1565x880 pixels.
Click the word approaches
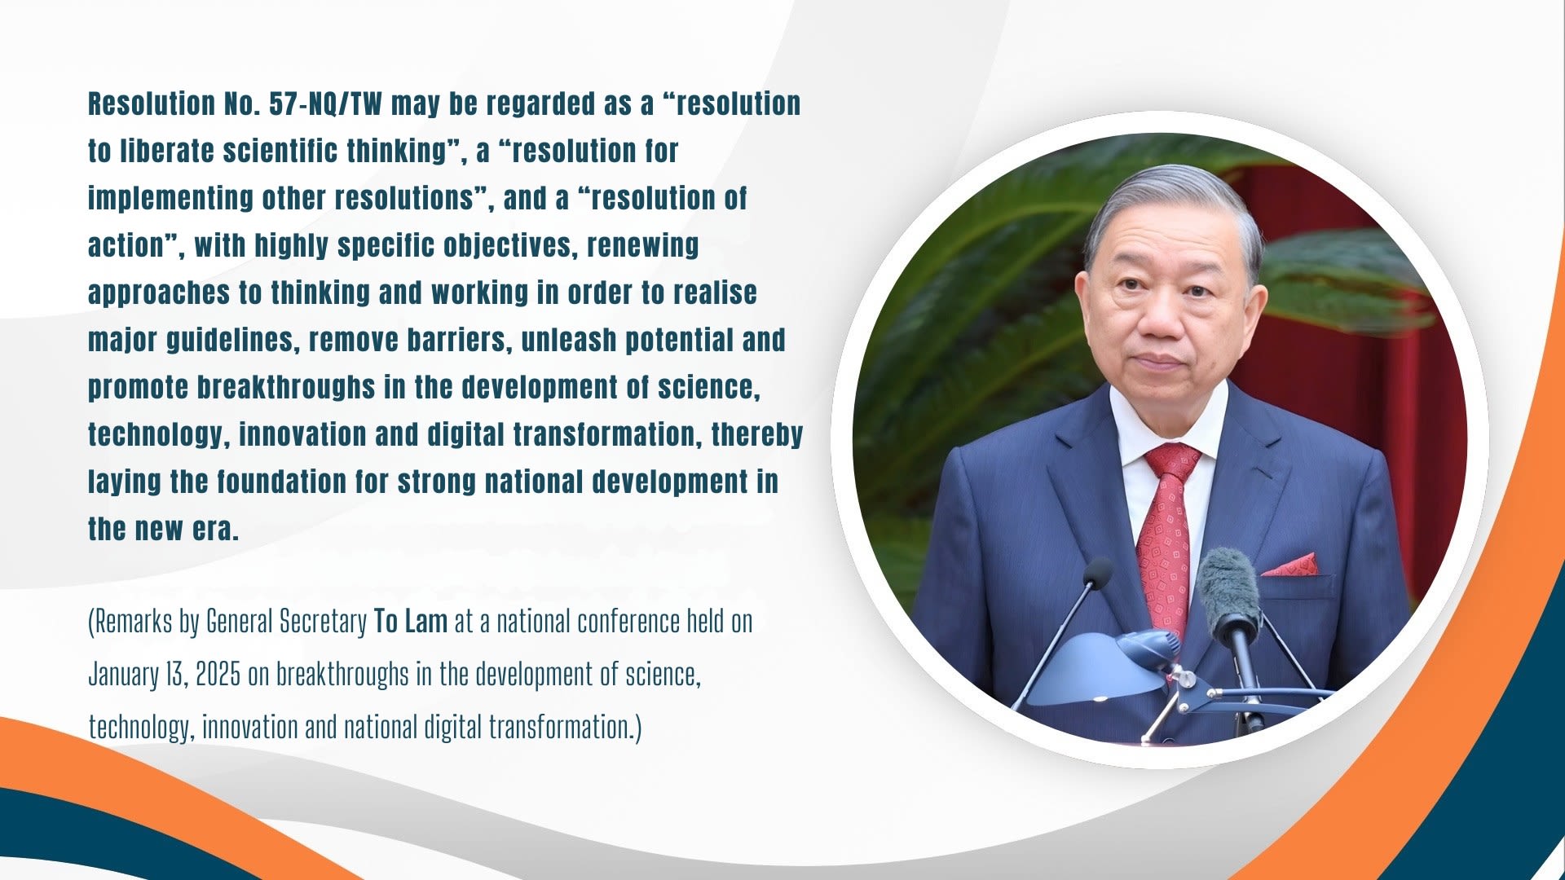(x=159, y=293)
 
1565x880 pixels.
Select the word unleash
(x=569, y=340)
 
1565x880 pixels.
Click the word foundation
(x=281, y=482)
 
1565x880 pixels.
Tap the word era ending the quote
(x=215, y=530)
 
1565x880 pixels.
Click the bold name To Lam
(x=411, y=622)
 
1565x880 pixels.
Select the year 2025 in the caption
(x=218, y=675)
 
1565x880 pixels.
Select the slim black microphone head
(x=1097, y=574)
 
